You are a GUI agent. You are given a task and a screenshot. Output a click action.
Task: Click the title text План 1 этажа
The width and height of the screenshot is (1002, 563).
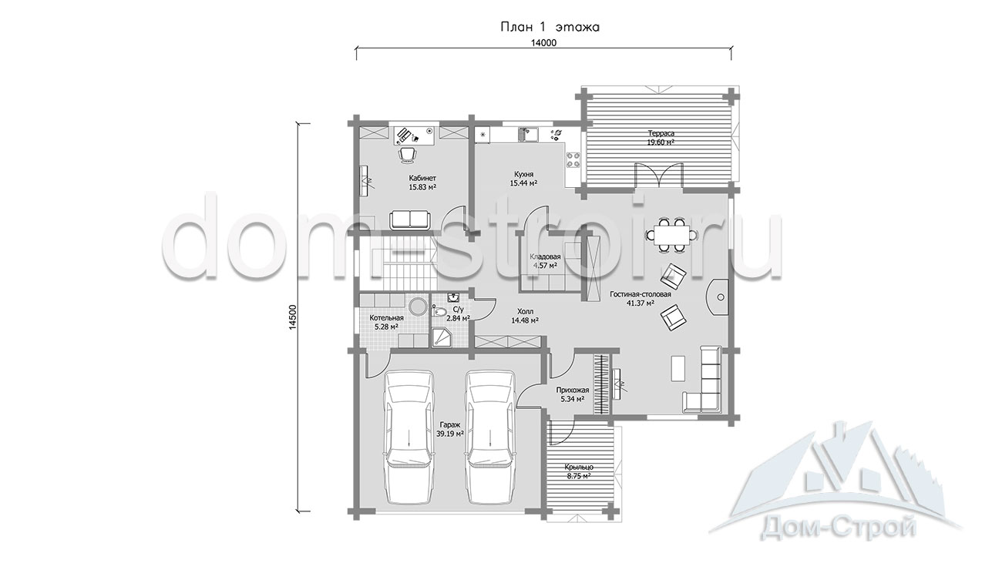[550, 27]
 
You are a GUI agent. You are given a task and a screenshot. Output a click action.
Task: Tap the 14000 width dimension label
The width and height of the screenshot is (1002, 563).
[543, 43]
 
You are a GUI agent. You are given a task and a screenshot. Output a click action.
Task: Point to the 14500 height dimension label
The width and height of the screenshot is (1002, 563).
[293, 317]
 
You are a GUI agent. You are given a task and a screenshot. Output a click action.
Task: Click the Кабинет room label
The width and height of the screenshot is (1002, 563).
[109, 178]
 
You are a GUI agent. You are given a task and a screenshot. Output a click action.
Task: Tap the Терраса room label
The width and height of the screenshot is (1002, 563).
[661, 133]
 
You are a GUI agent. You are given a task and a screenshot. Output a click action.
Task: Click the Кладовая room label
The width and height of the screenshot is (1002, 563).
[545, 257]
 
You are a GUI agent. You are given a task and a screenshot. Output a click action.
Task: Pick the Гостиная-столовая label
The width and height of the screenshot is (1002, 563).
[641, 294]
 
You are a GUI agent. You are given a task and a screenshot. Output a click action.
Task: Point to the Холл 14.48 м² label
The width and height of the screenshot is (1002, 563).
[525, 316]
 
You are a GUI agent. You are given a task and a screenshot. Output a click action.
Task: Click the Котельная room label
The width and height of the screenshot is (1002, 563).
[386, 317]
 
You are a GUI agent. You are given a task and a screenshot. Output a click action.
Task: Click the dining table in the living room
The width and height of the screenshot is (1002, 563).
[671, 235]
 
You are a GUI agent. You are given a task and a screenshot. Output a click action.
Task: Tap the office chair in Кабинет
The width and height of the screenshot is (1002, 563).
[95, 155]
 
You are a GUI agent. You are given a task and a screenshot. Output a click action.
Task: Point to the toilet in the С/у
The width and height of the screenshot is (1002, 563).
[439, 311]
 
